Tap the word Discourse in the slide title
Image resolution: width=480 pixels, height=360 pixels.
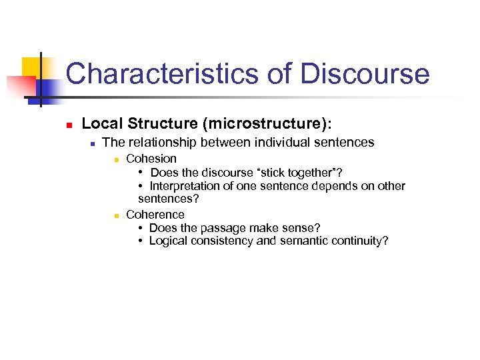pyautogui.click(x=365, y=73)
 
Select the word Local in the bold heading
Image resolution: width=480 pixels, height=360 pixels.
pyautogui.click(x=102, y=123)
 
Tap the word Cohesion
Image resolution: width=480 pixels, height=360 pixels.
pyautogui.click(x=151, y=159)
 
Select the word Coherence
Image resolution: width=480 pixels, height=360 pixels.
pyautogui.click(x=155, y=215)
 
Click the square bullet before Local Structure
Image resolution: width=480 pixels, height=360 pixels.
pyautogui.click(x=59, y=125)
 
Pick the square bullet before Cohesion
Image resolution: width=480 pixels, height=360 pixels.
pyautogui.click(x=115, y=160)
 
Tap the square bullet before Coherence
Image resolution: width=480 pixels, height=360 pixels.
pyautogui.click(x=115, y=216)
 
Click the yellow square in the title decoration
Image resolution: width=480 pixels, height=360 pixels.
pyautogui.click(x=33, y=68)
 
